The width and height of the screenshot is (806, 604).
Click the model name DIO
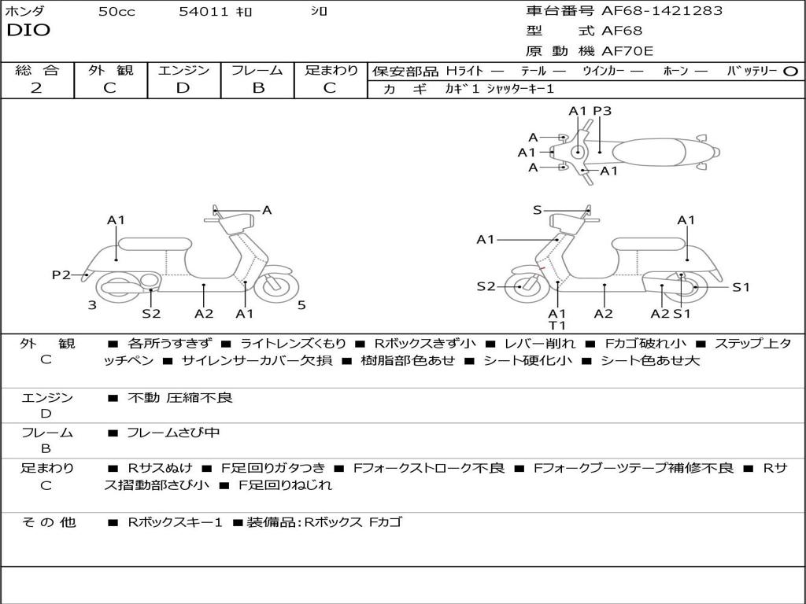coord(28,31)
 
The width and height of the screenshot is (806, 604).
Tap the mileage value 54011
coord(204,12)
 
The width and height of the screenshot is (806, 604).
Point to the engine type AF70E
coord(627,52)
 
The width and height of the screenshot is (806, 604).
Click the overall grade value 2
coord(36,88)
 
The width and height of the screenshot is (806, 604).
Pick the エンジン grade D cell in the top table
coord(183,88)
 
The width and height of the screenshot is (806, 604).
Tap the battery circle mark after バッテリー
coord(790,71)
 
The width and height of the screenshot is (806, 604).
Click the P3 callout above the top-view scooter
coord(602,111)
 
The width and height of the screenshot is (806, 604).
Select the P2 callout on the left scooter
coord(61,274)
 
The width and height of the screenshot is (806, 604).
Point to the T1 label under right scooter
coord(557,325)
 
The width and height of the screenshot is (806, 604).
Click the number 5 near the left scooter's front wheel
coord(301,305)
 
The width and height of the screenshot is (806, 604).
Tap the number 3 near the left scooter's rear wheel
coord(92,305)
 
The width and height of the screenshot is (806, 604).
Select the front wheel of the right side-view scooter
coord(521,286)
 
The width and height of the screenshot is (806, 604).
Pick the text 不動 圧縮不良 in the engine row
coord(180,398)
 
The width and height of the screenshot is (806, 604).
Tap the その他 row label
coord(48,521)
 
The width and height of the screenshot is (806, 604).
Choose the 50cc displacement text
coord(116,12)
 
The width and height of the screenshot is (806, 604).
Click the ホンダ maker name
coord(24,12)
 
